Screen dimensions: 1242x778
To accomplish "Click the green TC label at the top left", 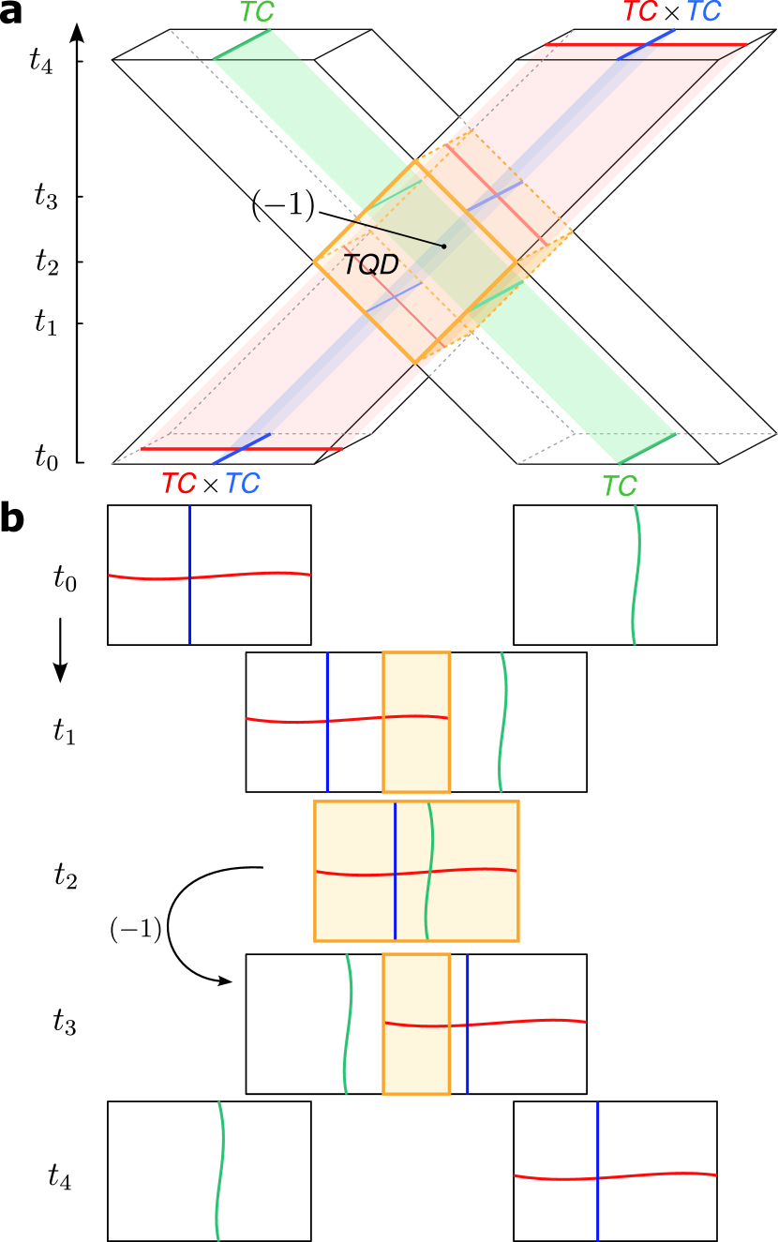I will tap(257, 12).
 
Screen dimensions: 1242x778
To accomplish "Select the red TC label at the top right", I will tap(640, 12).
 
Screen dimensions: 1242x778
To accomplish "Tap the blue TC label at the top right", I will tap(704, 12).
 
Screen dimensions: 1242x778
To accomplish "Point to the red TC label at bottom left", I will tap(178, 484).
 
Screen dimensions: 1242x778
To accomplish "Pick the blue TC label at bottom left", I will tap(243, 484).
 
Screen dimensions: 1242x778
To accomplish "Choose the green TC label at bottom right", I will tap(619, 486).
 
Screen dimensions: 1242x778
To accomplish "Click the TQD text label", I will tap(370, 265).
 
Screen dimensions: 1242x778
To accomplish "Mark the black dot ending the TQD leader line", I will tap(444, 247).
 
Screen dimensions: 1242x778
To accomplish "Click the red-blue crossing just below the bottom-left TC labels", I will tap(190, 576).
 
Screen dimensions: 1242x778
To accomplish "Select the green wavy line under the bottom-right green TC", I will tap(636, 574).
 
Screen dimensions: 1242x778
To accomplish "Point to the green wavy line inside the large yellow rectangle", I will tap(429, 900).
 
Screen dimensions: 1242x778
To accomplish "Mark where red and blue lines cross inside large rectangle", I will tap(396, 873).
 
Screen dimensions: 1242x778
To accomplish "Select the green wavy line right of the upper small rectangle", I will tap(503, 722).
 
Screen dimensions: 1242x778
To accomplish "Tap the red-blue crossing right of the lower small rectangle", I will tap(468, 1025).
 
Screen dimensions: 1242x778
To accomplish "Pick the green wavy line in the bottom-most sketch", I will tap(221, 1172).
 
